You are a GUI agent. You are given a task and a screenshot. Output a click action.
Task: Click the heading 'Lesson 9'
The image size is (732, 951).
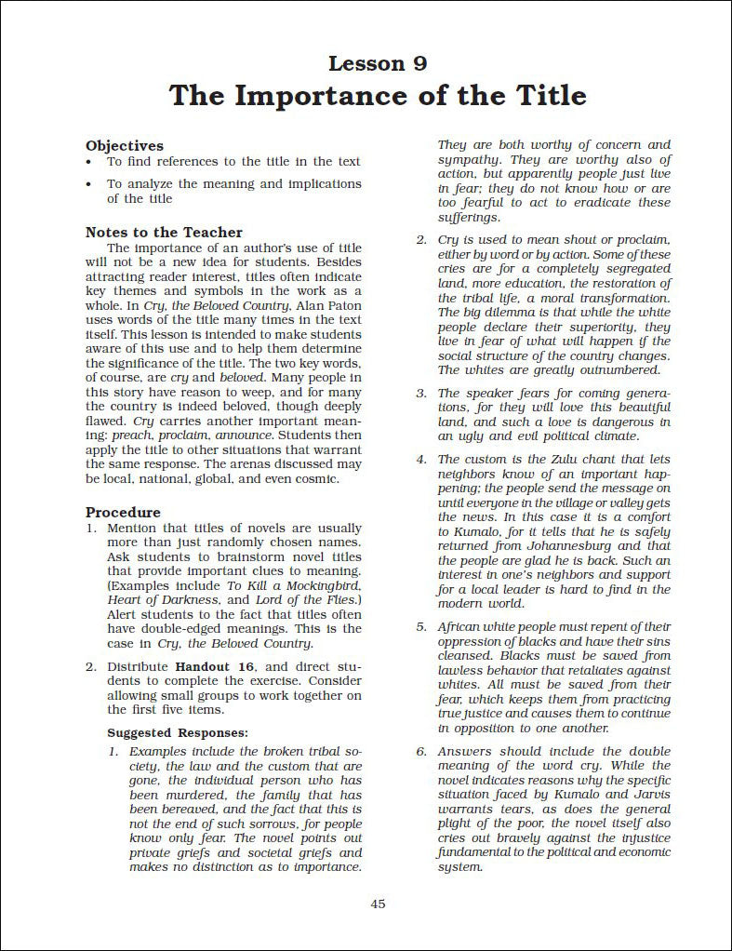coord(378,63)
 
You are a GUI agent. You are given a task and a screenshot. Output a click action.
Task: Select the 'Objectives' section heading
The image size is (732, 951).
coord(125,145)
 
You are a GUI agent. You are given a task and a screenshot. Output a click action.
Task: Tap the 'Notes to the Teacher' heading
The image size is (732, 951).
coord(164,232)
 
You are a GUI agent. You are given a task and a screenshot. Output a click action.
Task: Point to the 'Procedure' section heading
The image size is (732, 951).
coord(123,512)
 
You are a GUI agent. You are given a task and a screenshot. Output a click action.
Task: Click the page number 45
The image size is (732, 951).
coord(378,904)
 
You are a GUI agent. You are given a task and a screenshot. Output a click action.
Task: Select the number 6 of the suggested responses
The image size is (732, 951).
coord(420,751)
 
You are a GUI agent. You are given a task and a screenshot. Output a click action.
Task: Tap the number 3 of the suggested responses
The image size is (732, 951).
coord(420,394)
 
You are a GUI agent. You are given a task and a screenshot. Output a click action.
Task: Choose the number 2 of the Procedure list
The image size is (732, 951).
coord(91,666)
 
